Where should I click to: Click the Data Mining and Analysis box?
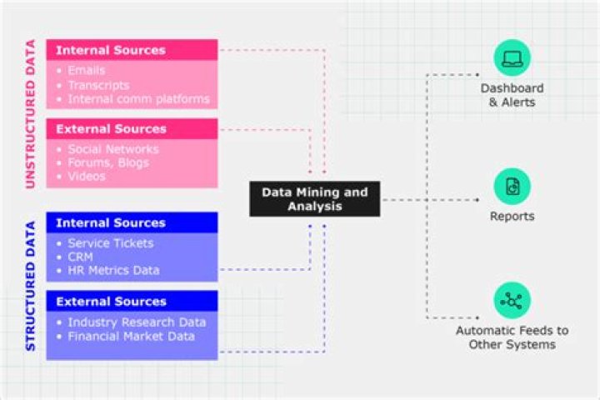[314, 199]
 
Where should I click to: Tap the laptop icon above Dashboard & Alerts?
[512, 57]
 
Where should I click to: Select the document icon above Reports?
[512, 186]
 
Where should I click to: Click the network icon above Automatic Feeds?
[512, 301]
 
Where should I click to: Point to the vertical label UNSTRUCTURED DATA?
[31, 114]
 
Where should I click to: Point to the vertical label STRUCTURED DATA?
[31, 285]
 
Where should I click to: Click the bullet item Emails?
[87, 71]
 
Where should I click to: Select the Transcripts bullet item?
[98, 85]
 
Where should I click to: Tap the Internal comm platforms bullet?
[138, 99]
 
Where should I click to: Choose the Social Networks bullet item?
[113, 149]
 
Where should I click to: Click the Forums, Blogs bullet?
[108, 162]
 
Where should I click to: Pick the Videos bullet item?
[87, 176]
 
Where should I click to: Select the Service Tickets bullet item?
[111, 242]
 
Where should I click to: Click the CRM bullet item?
[82, 257]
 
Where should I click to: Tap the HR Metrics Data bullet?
[113, 270]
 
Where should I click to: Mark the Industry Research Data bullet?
[137, 322]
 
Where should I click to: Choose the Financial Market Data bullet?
[132, 336]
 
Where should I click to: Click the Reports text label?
[512, 217]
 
